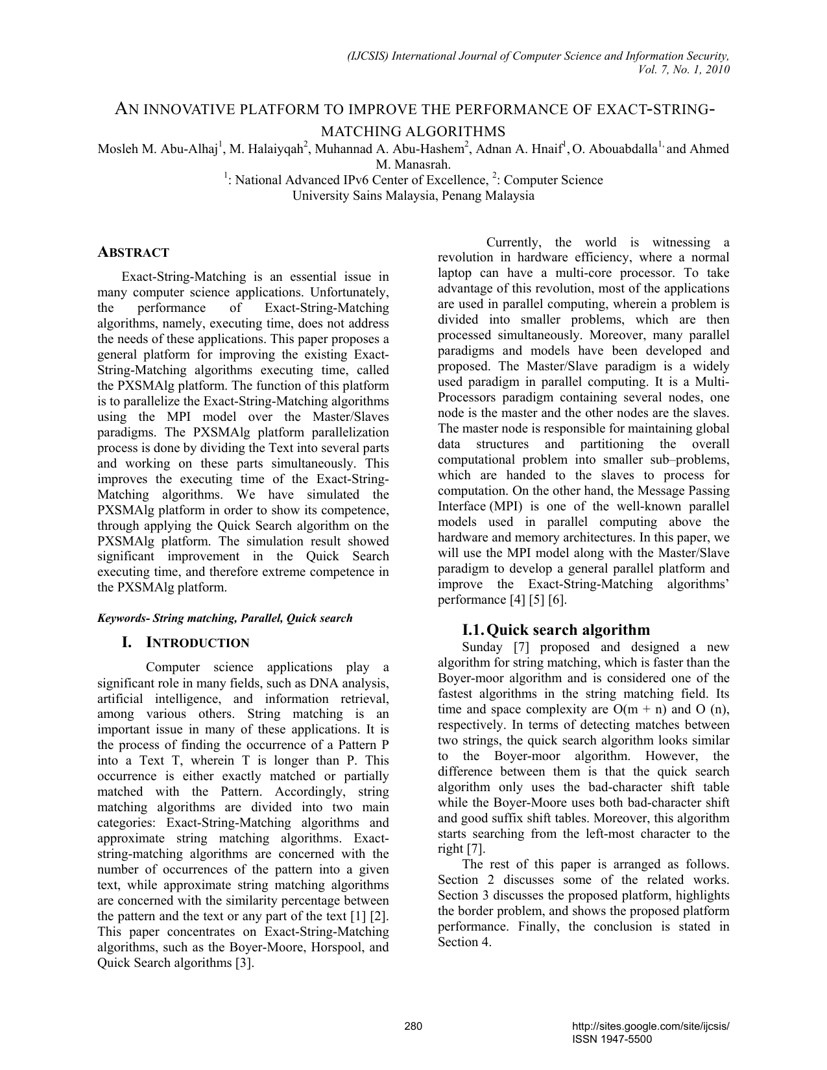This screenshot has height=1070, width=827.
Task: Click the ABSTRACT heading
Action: (133, 253)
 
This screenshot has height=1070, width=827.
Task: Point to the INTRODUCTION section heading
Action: (197, 643)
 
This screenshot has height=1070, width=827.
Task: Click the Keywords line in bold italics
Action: (224, 618)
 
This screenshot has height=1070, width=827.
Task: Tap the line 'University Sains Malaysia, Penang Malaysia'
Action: (413, 196)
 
